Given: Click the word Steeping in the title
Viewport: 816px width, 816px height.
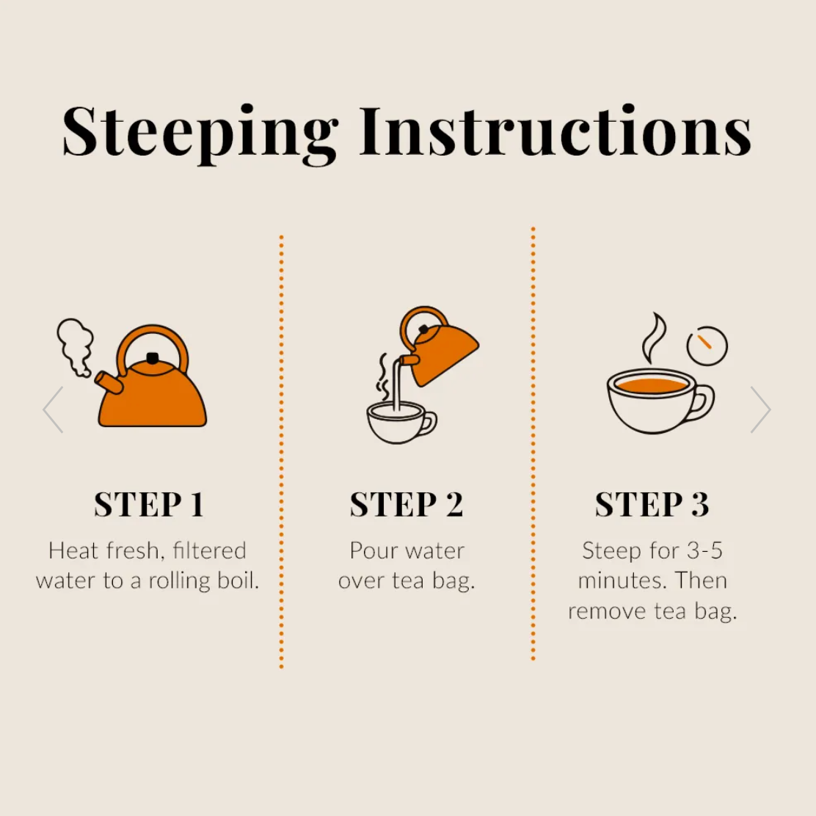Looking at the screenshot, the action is click(200, 134).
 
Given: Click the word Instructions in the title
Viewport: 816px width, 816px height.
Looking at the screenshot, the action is click(555, 131).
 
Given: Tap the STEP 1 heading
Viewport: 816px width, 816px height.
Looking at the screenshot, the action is click(149, 503).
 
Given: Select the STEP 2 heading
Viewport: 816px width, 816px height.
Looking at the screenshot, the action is click(407, 503).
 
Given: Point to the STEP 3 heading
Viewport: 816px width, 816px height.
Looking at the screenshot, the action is click(652, 503).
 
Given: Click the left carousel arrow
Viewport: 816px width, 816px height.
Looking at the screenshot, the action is click(53, 409).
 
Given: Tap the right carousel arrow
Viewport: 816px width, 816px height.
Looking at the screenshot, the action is click(760, 409).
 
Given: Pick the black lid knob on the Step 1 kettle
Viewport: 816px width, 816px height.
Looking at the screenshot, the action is click(153, 358).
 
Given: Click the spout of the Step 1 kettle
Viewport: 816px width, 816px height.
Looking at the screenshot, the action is click(109, 382).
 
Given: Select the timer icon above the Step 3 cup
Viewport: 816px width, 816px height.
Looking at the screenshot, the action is click(707, 346).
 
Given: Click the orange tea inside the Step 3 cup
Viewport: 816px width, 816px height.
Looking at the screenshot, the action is click(651, 386).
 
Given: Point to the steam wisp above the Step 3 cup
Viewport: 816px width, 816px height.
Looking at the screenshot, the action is click(654, 338).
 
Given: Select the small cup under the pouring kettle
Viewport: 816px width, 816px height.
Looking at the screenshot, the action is click(401, 422).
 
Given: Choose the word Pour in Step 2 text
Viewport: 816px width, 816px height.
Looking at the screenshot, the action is click(371, 550).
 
